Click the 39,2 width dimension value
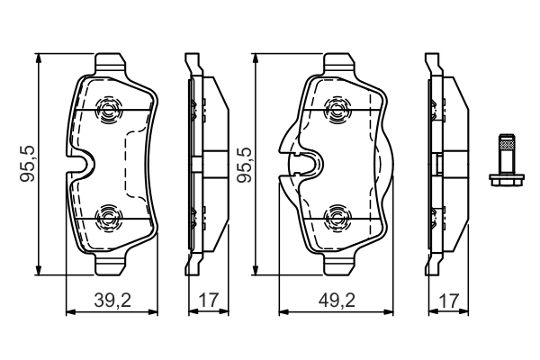tap(112, 301)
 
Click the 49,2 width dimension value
tap(337, 301)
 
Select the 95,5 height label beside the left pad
tap(28, 164)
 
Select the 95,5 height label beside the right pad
tap(245, 165)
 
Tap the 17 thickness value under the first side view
tap(209, 301)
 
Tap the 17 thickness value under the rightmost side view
tap(448, 301)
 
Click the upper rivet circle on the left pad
tap(109, 110)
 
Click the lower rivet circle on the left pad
tap(109, 218)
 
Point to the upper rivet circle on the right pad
tap(337, 110)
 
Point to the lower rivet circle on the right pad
tap(337, 218)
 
